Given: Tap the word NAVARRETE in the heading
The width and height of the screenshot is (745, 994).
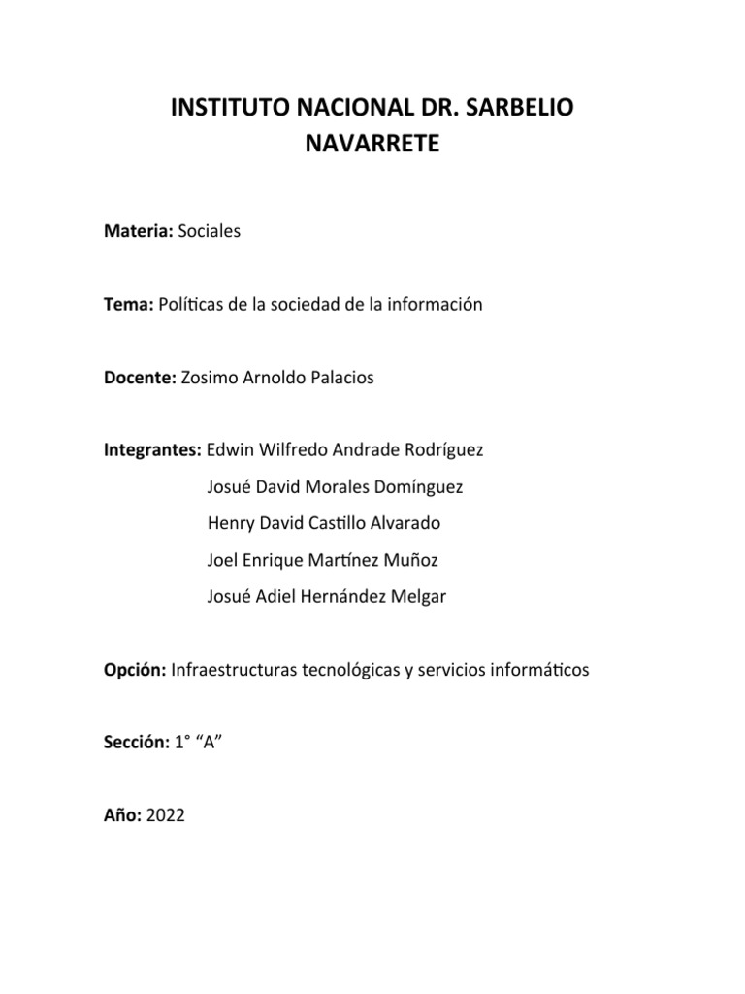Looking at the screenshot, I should tap(372, 145).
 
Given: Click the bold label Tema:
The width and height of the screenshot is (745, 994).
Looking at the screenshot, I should tap(129, 305).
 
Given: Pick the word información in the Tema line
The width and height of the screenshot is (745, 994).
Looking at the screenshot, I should tap(436, 305).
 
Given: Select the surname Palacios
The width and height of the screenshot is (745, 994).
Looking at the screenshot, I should tap(340, 379).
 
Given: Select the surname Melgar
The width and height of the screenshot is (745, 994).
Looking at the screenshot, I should tap(417, 598).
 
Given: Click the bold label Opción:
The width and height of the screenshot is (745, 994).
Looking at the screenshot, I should tap(135, 671).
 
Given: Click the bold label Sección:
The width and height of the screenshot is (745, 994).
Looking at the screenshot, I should tap(136, 744).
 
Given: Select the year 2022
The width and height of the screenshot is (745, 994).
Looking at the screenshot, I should tap(165, 817).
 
